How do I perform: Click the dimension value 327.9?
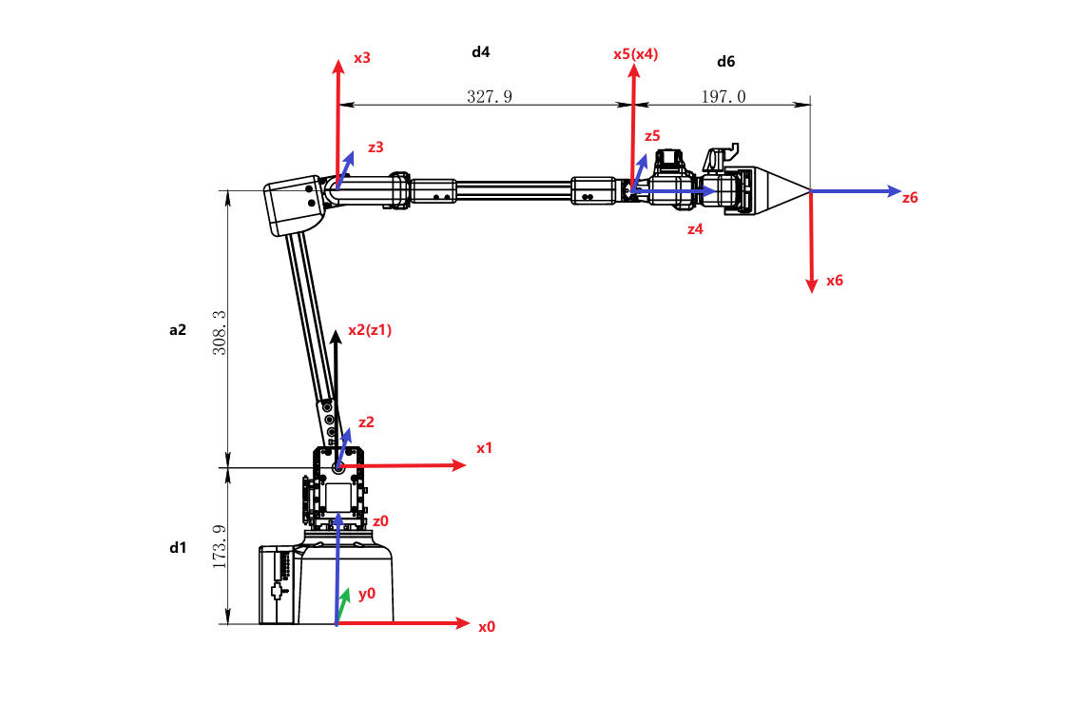tap(490, 96)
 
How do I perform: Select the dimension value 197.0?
tap(724, 96)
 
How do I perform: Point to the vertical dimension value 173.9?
tap(219, 546)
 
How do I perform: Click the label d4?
tap(481, 51)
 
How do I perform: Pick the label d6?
tap(725, 61)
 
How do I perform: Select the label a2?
tap(178, 330)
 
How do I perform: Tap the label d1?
tap(178, 547)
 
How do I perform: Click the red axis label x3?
tap(362, 58)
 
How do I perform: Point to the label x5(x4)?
tap(636, 54)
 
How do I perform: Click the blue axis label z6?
tap(910, 198)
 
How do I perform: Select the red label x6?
tap(835, 281)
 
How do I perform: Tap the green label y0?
tap(367, 593)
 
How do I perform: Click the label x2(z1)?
tap(370, 329)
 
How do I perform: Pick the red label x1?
tap(485, 447)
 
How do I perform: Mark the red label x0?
tap(487, 627)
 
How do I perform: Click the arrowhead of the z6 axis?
tap(894, 191)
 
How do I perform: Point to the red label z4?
tap(695, 229)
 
